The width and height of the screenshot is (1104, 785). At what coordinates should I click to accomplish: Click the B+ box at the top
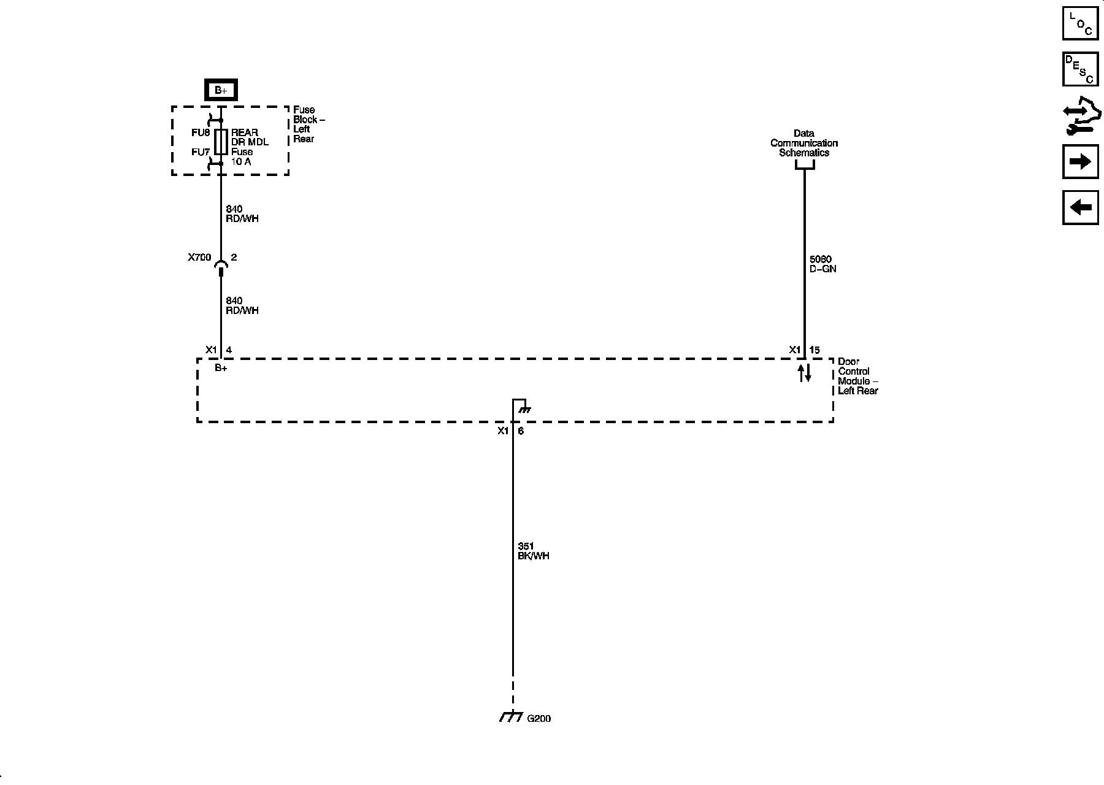coord(221,91)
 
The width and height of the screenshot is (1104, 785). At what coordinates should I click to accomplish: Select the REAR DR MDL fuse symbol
coord(221,142)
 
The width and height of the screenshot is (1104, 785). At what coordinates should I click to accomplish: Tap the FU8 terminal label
coord(201,132)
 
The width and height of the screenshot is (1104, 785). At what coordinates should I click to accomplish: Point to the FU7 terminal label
coord(201,152)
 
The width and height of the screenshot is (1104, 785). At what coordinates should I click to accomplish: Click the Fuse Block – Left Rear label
coord(309,124)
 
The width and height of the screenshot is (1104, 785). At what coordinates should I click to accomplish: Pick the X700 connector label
coord(199,258)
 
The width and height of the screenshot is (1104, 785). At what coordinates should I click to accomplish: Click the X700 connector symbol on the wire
coord(221,265)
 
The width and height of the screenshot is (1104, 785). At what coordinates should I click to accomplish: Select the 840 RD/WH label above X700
coord(242,214)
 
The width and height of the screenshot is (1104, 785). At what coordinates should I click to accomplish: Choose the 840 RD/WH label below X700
coord(242,305)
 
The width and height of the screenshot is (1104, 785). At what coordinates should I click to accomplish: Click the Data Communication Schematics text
coord(804,143)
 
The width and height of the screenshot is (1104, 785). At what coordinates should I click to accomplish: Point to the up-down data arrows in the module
coord(805,373)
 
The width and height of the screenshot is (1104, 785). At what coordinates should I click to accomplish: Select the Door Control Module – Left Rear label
coord(858,376)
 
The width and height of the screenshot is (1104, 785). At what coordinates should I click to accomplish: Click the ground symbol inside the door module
coord(522,407)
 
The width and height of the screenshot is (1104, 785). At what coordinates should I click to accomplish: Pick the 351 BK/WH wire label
coord(534,551)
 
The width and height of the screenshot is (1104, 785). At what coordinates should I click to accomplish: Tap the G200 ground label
coord(539,718)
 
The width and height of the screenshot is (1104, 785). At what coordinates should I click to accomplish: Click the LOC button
coord(1080,23)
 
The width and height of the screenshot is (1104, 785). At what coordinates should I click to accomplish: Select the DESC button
coord(1080,69)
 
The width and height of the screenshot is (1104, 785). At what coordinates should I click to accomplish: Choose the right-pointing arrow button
coord(1080,161)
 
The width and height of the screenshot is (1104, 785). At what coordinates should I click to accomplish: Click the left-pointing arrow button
coord(1080,207)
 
